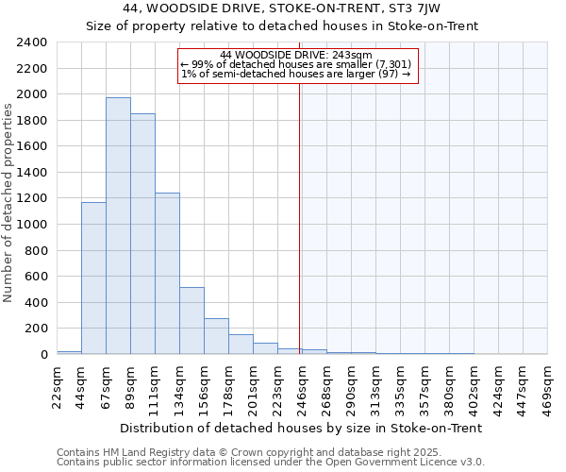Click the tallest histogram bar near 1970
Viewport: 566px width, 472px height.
coord(118,227)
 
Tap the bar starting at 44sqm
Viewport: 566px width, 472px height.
coord(93,278)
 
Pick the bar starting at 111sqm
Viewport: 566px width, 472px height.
coord(167,274)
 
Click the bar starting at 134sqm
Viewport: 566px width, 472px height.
coord(191,321)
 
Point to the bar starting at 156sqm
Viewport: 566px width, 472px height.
coord(216,336)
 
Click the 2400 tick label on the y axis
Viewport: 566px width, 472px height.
coord(31,42)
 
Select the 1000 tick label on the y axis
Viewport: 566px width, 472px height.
coord(31,225)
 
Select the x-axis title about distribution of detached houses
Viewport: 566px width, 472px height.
coord(302,428)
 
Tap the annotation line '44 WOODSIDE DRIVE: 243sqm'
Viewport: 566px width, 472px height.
coord(296,55)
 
